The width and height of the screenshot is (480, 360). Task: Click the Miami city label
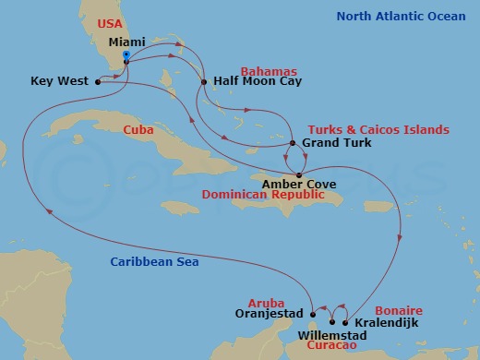pos(126,43)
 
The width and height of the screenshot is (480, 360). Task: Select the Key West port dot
pos(96,81)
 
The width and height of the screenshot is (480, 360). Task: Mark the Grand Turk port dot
pos(293,143)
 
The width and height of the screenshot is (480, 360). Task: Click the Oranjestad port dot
pos(313,310)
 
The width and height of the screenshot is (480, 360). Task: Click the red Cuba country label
pos(138,130)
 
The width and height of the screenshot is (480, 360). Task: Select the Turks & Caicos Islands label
pos(366,129)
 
